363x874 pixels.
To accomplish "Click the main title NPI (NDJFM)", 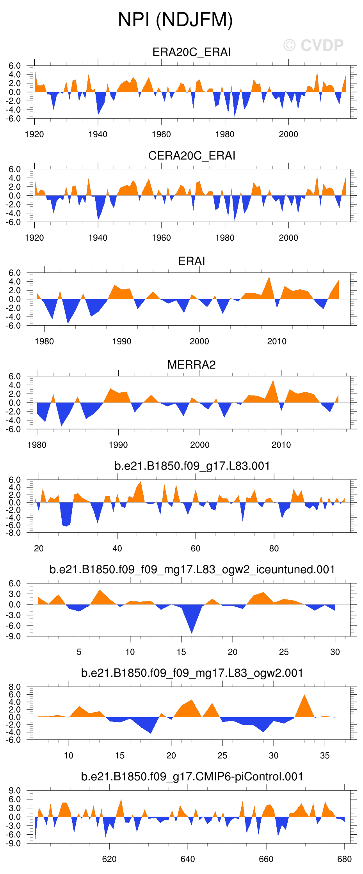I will pyautogui.click(x=175, y=20).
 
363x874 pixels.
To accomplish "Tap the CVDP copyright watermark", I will pyautogui.click(x=313, y=46).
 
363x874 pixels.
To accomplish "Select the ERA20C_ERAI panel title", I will pyautogui.click(x=191, y=52).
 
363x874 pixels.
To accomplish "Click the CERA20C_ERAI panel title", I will pyautogui.click(x=191, y=156).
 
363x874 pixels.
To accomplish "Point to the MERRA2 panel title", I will pyautogui.click(x=191, y=365).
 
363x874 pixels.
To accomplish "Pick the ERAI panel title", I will pyautogui.click(x=191, y=261).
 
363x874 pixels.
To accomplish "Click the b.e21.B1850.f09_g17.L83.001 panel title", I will pyautogui.click(x=192, y=466).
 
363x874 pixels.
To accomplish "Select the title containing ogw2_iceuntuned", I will pyautogui.click(x=192, y=569).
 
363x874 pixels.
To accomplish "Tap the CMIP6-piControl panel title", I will pyautogui.click(x=192, y=776).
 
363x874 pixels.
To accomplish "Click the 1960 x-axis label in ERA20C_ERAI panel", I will pyautogui.click(x=161, y=135).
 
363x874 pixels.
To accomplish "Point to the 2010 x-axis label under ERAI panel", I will pyautogui.click(x=277, y=342).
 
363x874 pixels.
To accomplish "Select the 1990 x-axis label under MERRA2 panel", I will pyautogui.click(x=118, y=445).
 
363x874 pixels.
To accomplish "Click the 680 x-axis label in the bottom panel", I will pyautogui.click(x=344, y=859).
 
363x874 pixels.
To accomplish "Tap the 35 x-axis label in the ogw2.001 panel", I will pyautogui.click(x=325, y=755).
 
